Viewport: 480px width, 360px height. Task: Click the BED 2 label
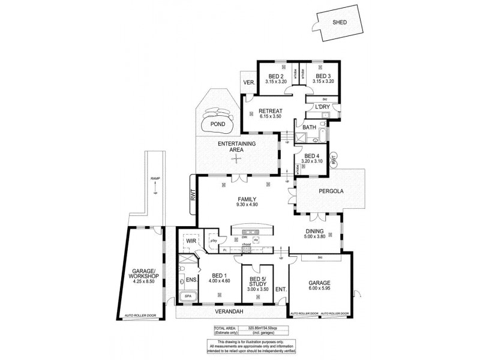[x=275, y=76]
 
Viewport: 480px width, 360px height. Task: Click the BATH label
[x=309, y=127]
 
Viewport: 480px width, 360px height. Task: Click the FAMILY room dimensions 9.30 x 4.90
[x=247, y=205]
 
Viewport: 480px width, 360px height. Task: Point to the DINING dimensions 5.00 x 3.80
[x=315, y=236]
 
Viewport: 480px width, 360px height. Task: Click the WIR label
[x=191, y=241]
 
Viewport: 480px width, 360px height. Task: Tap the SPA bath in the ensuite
[x=187, y=296]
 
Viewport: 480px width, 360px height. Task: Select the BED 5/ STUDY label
[x=257, y=284]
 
